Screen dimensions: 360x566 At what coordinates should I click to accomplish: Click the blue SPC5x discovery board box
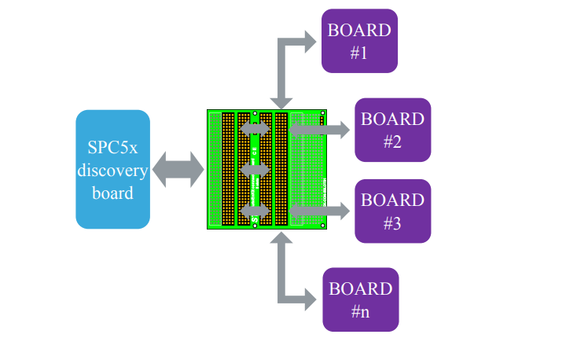(x=113, y=169)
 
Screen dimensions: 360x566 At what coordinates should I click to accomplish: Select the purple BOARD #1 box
(x=359, y=42)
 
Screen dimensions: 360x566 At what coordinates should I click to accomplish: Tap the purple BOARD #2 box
(x=392, y=130)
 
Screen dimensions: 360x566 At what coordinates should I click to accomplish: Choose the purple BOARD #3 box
(x=392, y=211)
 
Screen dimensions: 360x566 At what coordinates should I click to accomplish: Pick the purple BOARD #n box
(x=360, y=299)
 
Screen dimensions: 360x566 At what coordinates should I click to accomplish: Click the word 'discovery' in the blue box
(x=113, y=170)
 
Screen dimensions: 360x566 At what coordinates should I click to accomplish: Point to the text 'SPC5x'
(x=113, y=148)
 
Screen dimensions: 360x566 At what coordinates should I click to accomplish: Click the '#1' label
(x=359, y=54)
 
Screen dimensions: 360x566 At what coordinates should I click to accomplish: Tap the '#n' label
(x=360, y=312)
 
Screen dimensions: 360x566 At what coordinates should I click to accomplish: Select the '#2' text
(x=392, y=142)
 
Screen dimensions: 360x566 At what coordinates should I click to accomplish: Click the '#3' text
(x=392, y=223)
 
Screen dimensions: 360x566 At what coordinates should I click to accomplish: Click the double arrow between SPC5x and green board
(x=178, y=170)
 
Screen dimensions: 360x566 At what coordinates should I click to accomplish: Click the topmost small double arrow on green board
(x=255, y=128)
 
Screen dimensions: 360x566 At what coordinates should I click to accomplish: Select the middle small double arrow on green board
(x=255, y=169)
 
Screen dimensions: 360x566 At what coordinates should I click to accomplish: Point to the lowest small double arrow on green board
(x=255, y=210)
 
